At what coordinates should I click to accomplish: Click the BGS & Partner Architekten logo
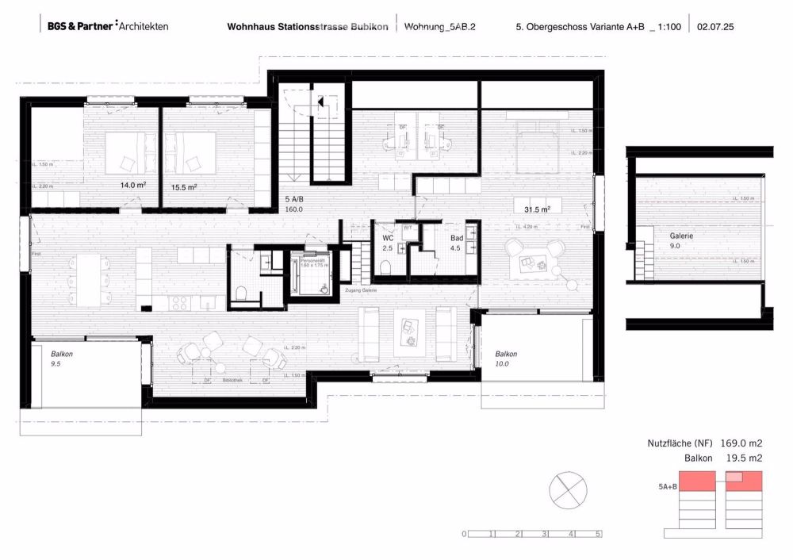tap(107, 26)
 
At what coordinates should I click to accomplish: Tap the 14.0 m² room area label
tap(132, 185)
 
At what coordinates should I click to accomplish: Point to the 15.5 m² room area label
tap(183, 187)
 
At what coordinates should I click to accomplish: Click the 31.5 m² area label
tap(537, 209)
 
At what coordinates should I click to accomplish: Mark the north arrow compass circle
tap(568, 487)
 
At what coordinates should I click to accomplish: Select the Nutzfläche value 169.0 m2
tap(739, 444)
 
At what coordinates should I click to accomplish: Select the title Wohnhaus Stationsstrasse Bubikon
tap(308, 26)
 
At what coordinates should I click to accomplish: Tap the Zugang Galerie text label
tap(359, 291)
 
